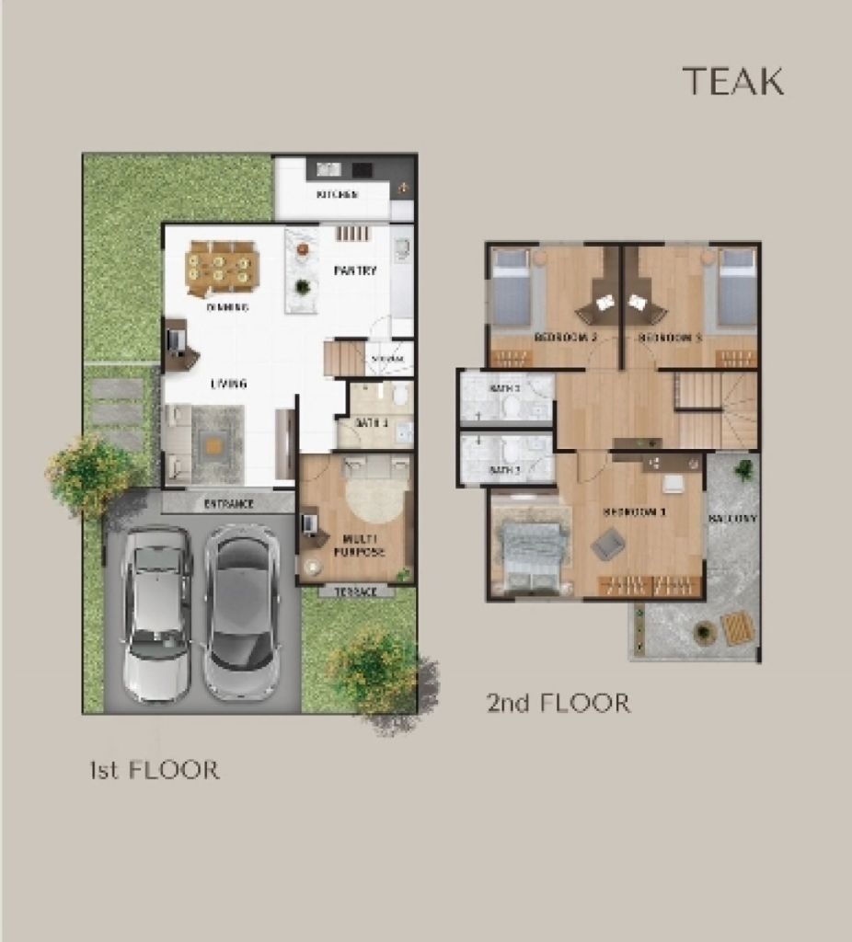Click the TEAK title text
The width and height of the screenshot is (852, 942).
tap(732, 82)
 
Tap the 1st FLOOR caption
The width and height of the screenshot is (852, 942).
tap(155, 769)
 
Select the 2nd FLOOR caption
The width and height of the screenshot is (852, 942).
tap(558, 704)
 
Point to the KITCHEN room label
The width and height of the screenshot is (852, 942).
tap(338, 195)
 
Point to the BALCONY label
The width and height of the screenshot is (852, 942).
tap(732, 519)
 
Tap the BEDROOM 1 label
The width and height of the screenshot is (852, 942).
tap(633, 511)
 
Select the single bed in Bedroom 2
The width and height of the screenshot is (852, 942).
tap(512, 288)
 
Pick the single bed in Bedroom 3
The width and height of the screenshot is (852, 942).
tap(736, 288)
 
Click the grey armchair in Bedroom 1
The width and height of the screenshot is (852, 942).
tap(607, 545)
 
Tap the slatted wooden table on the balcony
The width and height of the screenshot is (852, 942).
tap(738, 628)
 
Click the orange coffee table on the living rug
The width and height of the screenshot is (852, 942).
tap(213, 446)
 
